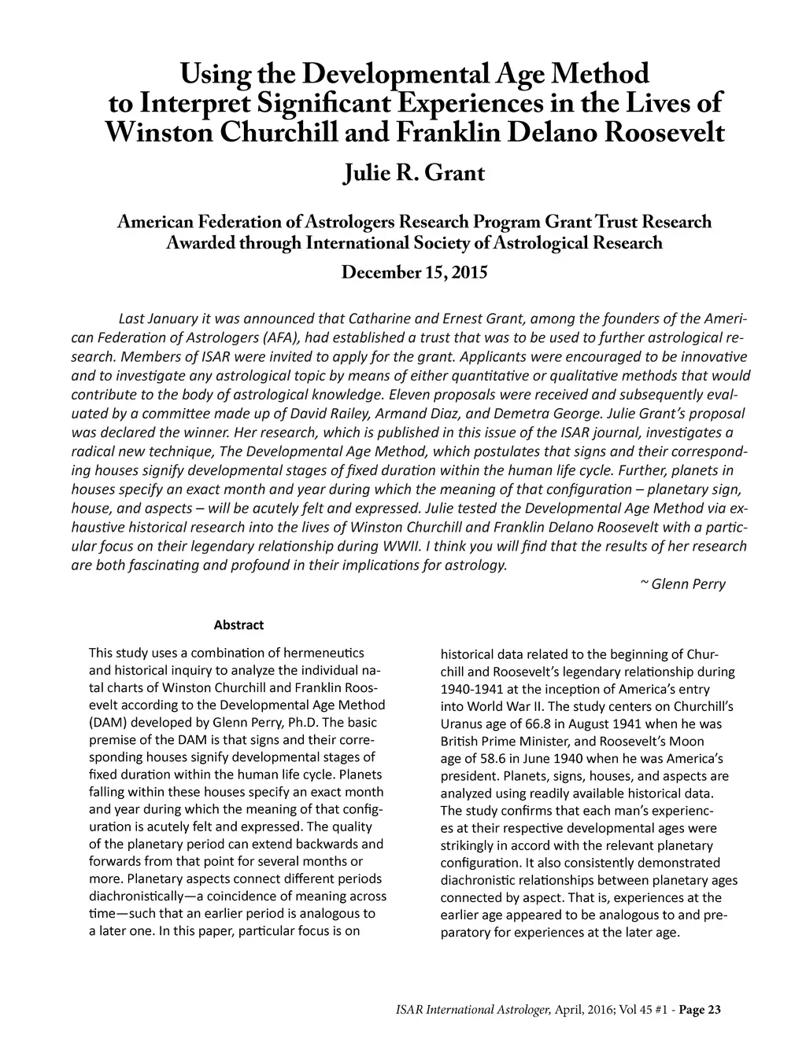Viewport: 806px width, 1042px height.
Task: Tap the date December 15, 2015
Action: click(414, 273)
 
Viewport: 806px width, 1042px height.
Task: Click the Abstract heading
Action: click(238, 625)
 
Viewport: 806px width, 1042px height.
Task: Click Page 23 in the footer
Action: click(697, 1010)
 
